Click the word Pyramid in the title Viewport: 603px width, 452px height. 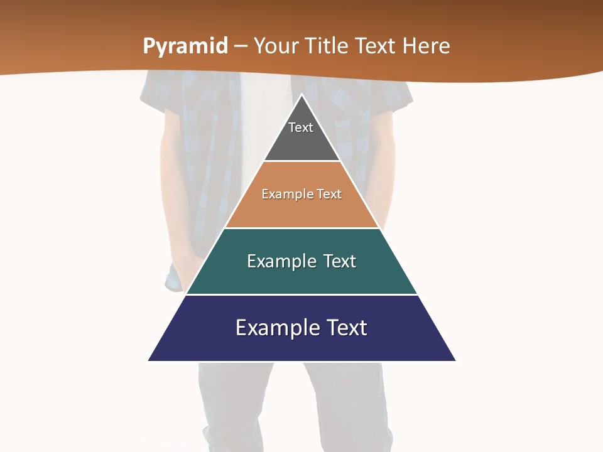click(x=185, y=46)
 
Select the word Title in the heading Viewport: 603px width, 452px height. click(x=332, y=46)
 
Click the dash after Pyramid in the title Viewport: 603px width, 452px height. click(x=241, y=46)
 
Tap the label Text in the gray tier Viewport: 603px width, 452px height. click(x=301, y=127)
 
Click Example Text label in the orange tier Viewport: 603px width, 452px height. click(x=301, y=194)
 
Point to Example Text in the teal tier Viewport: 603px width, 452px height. click(x=301, y=261)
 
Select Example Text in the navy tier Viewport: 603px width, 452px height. click(x=301, y=328)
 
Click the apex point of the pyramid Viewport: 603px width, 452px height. click(x=301, y=95)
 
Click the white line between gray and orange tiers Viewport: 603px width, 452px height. click(x=301, y=161)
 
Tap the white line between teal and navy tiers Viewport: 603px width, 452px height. click(x=301, y=294)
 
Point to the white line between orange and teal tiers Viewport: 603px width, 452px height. click(x=301, y=228)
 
